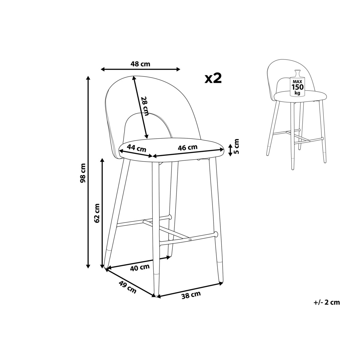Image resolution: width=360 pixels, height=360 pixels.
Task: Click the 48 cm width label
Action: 140,64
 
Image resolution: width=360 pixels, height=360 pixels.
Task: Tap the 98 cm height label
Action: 83,173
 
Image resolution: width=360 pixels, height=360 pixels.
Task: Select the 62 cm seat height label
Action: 97,213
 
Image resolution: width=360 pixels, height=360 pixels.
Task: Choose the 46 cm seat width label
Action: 187,148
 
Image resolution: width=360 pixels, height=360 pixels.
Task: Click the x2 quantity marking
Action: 213,78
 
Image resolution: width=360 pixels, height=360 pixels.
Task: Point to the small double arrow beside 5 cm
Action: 230,150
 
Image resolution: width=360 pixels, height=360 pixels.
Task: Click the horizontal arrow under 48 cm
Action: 140,70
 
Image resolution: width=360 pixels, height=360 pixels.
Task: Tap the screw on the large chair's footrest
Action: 190,240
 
